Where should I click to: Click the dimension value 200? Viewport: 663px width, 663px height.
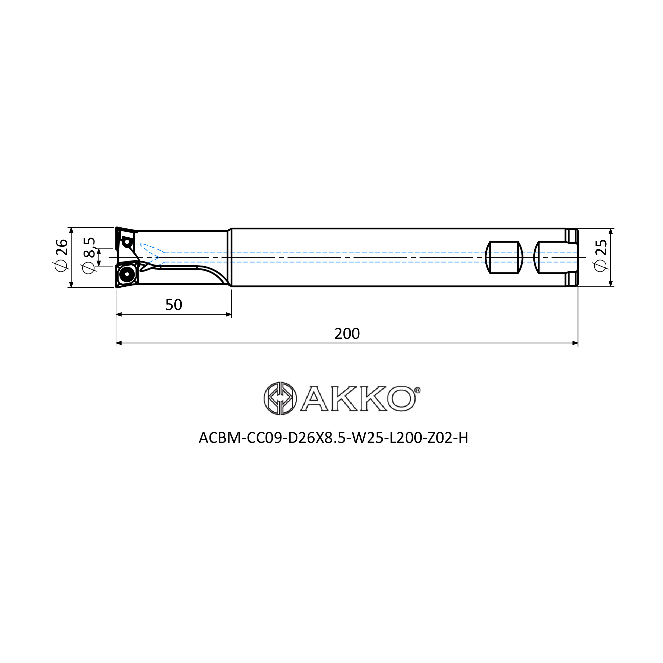pos(347,333)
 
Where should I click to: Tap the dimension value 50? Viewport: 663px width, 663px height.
pos(174,305)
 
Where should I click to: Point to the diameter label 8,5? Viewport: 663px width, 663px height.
pos(89,247)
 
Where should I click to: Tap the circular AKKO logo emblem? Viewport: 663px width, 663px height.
pos(280,398)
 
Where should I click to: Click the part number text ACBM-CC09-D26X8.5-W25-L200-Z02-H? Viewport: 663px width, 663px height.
pos(333,438)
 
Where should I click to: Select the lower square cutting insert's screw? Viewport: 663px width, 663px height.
pos(127,274)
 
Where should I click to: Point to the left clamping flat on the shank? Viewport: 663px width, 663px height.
pos(504,257)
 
